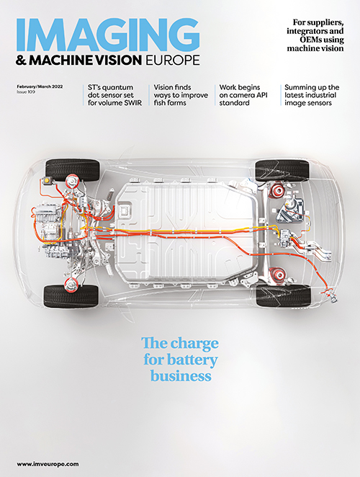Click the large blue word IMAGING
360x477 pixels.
click(x=108, y=34)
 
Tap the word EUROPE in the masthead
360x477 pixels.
click(x=173, y=60)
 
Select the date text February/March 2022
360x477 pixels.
click(x=40, y=86)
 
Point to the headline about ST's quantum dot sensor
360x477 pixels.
click(x=115, y=95)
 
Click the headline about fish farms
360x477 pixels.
click(x=181, y=95)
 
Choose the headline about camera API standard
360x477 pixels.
click(x=243, y=95)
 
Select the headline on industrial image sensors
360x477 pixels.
click(x=312, y=95)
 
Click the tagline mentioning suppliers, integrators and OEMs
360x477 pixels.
click(x=315, y=35)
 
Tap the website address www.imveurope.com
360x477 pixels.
click(x=48, y=464)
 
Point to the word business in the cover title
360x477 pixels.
click(x=181, y=375)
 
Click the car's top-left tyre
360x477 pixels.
click(x=73, y=169)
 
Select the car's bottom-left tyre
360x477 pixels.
click(x=71, y=296)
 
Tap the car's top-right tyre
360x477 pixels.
click(x=282, y=169)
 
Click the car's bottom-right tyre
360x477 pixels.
click(x=284, y=295)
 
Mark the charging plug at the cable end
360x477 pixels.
click(x=332, y=296)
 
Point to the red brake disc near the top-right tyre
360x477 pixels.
click(x=276, y=191)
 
